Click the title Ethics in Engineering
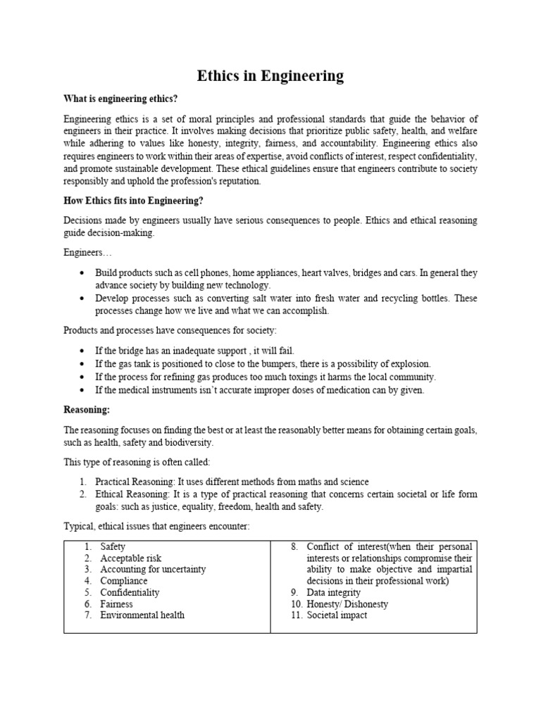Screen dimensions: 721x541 (x=270, y=75)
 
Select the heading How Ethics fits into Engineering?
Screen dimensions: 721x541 (x=134, y=201)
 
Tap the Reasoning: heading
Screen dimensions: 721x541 (x=87, y=410)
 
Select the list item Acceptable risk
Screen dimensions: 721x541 (x=131, y=558)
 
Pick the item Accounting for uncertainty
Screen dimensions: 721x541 (x=153, y=570)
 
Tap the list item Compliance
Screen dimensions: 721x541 (x=124, y=581)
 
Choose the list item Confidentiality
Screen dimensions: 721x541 (x=130, y=592)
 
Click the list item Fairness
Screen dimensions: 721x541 (x=116, y=603)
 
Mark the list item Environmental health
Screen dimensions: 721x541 (x=142, y=615)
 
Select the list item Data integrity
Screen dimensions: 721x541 (x=333, y=592)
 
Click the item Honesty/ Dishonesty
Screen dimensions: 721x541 (x=347, y=603)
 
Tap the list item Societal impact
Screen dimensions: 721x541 (x=337, y=615)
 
